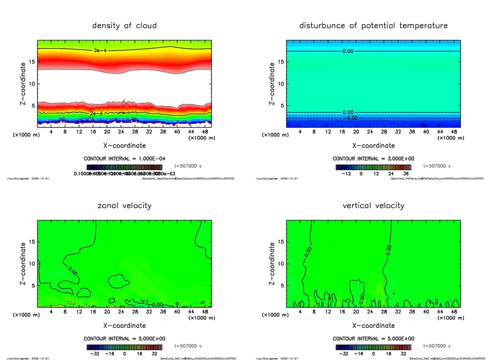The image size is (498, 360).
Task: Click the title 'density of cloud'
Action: click(x=124, y=25)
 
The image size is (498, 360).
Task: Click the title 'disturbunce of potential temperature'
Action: click(x=373, y=25)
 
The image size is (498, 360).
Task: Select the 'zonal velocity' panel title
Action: click(x=124, y=205)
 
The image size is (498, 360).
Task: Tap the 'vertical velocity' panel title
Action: click(x=373, y=205)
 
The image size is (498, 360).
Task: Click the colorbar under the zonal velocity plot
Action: click(x=124, y=347)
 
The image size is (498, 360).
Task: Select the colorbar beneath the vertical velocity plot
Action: click(x=373, y=347)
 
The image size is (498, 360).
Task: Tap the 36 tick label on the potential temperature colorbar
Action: click(x=406, y=173)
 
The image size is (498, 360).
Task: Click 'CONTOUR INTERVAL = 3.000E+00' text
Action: click(x=373, y=159)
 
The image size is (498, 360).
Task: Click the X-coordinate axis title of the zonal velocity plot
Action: click(x=124, y=325)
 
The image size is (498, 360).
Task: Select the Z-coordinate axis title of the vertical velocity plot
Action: click(x=272, y=264)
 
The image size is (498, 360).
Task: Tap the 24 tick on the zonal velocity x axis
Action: click(x=121, y=312)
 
